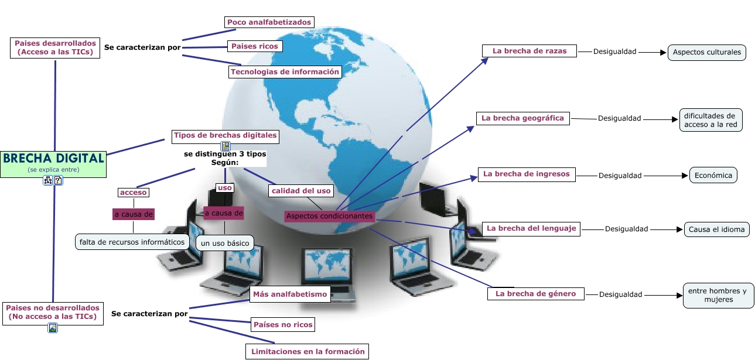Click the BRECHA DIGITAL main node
pos(53,164)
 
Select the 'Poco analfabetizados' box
pos(269,22)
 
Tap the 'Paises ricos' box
pos(255,46)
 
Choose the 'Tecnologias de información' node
pos(285,72)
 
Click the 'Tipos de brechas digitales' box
pos(226,136)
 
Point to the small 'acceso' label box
pos(134,192)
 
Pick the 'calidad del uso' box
pos(301,191)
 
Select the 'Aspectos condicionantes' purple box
pos(330,216)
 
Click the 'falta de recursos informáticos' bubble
pos(132,242)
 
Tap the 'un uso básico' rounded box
pos(225,243)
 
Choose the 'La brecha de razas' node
pos(529,51)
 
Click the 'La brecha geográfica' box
pos(523,118)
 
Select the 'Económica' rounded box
pos(713,175)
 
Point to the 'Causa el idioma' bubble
pos(717,229)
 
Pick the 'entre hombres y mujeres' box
pos(718,296)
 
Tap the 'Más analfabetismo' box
pos(290,294)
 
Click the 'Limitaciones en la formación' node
pos(308,352)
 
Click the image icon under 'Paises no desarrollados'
pos(53,328)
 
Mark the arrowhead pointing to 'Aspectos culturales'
pos(663,53)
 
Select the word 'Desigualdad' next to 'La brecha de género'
pos(620,294)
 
